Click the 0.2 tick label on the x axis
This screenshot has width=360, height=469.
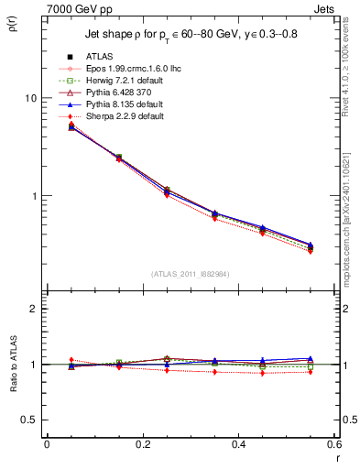[x=142, y=444]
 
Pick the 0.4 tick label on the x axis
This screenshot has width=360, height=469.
[x=238, y=444]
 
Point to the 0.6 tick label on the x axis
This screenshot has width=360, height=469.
[x=333, y=444]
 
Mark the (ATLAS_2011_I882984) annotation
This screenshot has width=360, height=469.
[x=190, y=275]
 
